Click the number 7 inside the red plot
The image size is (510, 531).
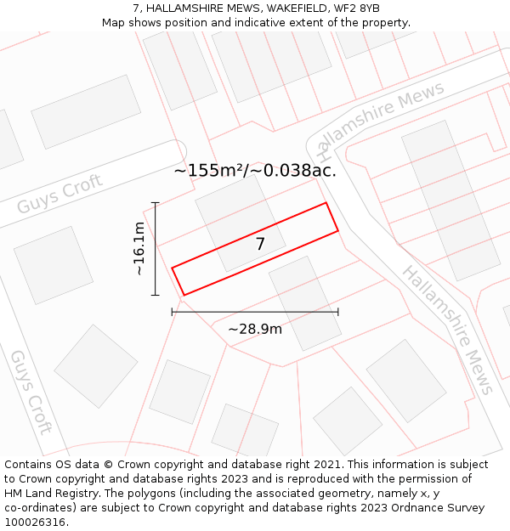(260, 244)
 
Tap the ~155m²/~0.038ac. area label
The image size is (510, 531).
(255, 170)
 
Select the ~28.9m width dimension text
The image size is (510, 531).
(255, 329)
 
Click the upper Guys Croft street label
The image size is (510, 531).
(60, 195)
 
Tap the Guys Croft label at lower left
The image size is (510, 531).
(31, 391)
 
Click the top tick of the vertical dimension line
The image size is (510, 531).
(155, 203)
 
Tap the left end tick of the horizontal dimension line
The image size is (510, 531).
(173, 312)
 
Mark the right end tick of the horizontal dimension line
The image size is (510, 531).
(338, 312)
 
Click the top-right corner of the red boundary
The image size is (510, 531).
(326, 203)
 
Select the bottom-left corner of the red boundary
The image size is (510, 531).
(184, 295)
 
